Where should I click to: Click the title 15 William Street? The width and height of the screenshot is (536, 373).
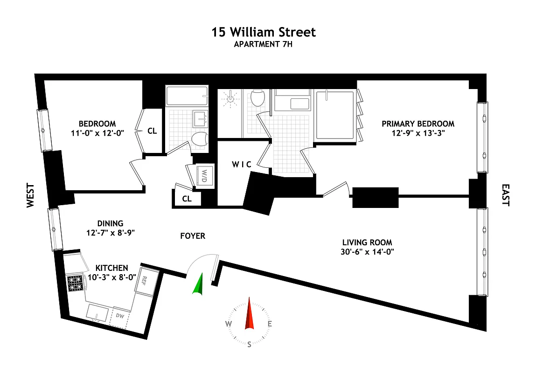click(264, 32)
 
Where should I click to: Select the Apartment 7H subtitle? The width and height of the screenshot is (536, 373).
click(264, 45)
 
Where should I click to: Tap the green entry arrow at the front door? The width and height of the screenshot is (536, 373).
click(199, 284)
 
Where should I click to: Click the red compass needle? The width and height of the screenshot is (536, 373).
click(250, 313)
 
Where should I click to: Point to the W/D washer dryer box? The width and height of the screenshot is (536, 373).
click(204, 175)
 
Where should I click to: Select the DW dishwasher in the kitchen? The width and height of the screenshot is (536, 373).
click(119, 317)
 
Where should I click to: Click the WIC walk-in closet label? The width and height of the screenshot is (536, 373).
click(242, 165)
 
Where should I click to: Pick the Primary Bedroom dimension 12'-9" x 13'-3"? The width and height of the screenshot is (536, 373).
click(418, 132)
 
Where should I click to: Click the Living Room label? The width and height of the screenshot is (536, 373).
click(367, 242)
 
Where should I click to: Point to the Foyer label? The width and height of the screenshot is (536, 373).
click(193, 236)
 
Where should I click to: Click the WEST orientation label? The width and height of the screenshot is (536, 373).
click(31, 195)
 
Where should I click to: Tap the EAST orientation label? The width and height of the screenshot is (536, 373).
click(506, 194)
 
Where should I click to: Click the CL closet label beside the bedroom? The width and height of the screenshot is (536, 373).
click(152, 131)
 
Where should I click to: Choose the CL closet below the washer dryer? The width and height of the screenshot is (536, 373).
click(187, 199)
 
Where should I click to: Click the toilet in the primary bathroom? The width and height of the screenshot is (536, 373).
click(257, 98)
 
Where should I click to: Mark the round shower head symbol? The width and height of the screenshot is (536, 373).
click(230, 98)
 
